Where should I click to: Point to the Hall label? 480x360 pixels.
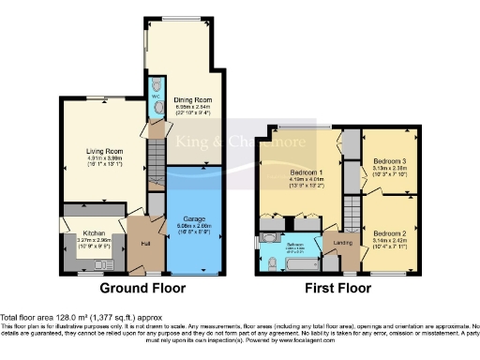tap(145, 244)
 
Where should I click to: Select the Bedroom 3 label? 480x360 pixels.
tap(388, 159)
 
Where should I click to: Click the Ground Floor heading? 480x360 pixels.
tap(142, 288)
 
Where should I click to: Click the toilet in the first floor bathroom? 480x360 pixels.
tap(269, 262)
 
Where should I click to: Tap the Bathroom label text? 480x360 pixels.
tap(294, 245)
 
